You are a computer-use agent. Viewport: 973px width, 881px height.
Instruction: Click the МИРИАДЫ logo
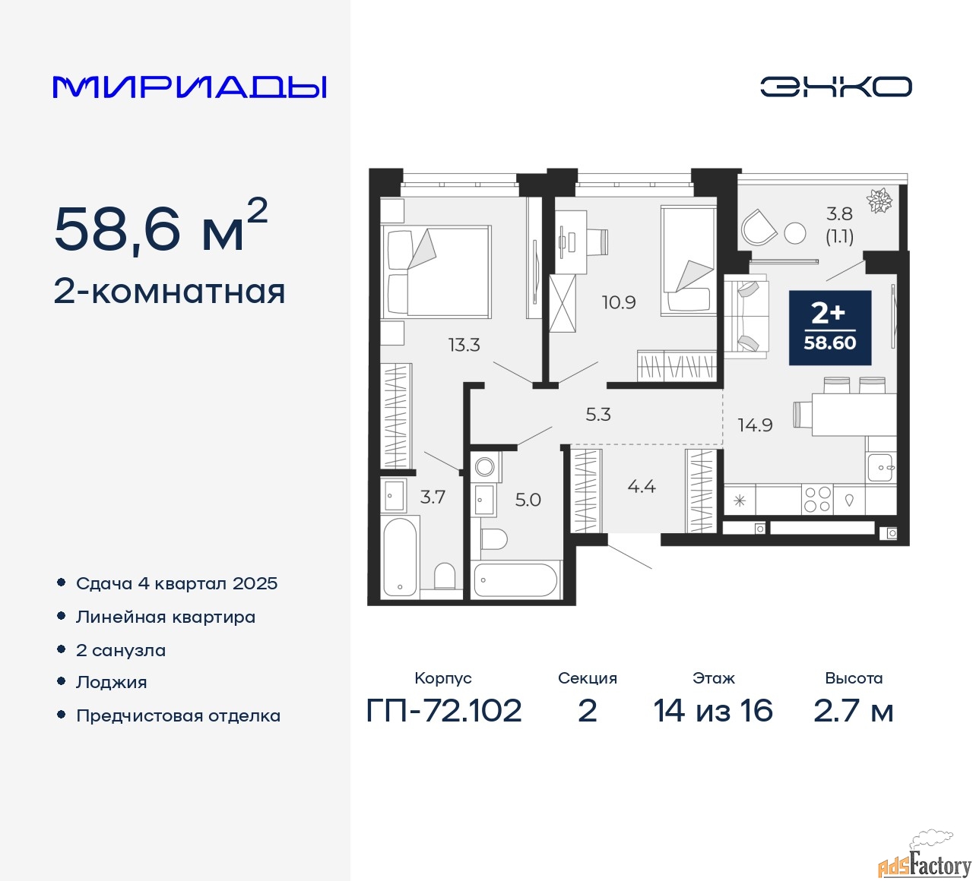coord(189,87)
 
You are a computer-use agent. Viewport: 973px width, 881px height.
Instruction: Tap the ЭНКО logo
coord(835,87)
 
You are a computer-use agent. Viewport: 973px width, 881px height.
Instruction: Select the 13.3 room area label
coord(464,345)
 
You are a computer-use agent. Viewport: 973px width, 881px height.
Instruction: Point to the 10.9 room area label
coord(619,302)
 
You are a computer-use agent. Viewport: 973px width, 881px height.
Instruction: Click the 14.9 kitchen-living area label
coord(755,425)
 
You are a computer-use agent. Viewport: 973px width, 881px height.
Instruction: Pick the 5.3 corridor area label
coord(598,415)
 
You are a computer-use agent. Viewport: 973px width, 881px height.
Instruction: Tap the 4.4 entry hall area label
coord(642,486)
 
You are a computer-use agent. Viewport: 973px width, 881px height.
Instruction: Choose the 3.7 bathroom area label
coord(433,497)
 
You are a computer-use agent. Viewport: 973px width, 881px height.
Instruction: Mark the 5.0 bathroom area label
coord(528,500)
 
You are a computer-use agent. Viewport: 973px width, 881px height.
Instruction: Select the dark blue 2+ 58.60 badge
coord(830,328)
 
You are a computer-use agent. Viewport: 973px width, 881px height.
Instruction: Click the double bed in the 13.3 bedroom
coord(436,271)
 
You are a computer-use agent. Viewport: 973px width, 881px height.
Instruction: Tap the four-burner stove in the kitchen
coord(817,500)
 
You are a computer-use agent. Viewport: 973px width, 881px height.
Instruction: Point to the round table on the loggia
coord(795,233)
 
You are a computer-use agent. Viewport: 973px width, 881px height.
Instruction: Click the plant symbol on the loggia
coord(880,201)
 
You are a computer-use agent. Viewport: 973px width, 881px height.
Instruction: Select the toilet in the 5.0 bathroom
coord(494,539)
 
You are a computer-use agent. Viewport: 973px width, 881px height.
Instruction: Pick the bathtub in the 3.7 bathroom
coord(400,557)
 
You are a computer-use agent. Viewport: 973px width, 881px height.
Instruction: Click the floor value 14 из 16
coord(713,711)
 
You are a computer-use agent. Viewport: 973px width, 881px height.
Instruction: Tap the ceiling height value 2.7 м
coord(853,711)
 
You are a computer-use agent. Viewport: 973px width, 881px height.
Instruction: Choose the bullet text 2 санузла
coord(121,650)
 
